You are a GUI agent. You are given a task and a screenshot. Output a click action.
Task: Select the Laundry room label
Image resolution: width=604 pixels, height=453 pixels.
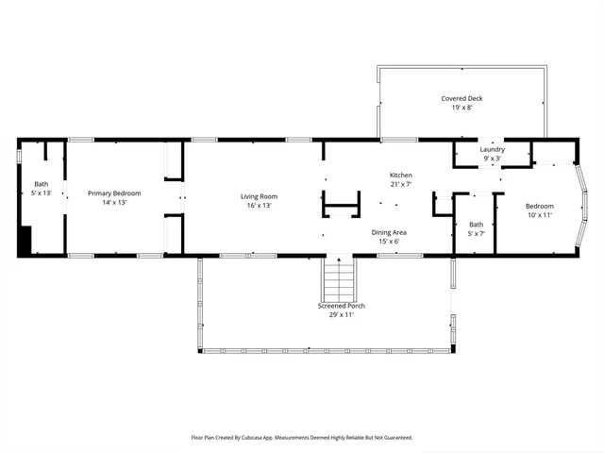click(492, 149)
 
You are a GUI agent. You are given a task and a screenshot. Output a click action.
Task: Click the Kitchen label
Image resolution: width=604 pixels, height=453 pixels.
click(401, 176)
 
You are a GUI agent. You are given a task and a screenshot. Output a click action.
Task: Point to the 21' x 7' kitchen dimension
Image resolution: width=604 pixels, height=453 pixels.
click(401, 185)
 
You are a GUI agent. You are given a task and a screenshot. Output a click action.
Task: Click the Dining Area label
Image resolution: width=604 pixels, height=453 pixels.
click(389, 231)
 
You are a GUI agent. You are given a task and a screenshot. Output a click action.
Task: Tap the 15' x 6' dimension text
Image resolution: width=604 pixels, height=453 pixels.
click(389, 241)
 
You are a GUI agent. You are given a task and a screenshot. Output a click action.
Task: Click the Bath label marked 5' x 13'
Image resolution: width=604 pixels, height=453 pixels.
click(42, 184)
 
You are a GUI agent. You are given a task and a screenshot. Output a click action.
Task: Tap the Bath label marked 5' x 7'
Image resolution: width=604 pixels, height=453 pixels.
click(476, 224)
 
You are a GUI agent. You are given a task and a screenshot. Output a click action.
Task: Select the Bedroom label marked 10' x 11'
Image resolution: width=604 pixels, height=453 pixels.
click(540, 206)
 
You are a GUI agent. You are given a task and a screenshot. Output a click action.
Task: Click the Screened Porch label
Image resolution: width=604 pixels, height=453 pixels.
click(342, 306)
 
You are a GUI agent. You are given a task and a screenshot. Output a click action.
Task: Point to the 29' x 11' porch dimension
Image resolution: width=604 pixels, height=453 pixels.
click(342, 314)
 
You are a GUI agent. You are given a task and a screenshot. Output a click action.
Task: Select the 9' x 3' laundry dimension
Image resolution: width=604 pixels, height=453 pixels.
click(492, 159)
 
